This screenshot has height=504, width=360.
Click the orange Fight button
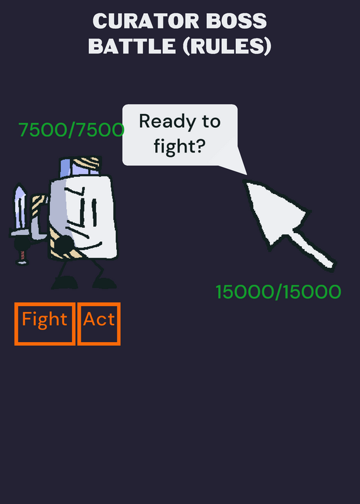coord(45,324)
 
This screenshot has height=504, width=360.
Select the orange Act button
coord(99,324)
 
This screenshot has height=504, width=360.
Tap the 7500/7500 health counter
coord(71,130)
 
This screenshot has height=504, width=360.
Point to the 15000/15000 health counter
coord(278,292)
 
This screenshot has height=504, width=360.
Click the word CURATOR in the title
coord(146,21)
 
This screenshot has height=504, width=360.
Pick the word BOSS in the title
coord(236,21)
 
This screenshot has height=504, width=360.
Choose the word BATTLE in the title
coord(132,46)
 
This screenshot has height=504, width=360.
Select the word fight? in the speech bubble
coord(180,147)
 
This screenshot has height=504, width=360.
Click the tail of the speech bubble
coord(233,161)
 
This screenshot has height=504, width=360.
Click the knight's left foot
coord(65,282)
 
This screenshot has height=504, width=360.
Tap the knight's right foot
coord(105,283)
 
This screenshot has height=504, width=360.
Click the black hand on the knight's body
coord(64,244)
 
